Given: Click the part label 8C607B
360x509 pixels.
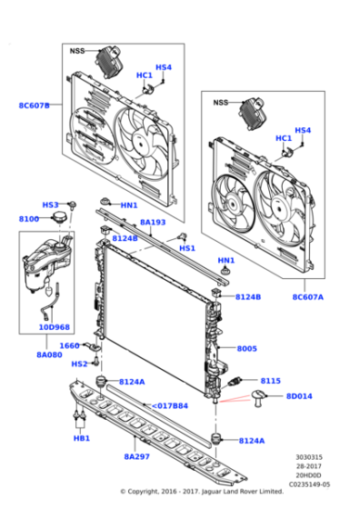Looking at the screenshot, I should (x=35, y=105).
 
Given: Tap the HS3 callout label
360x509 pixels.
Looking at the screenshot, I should (x=51, y=205).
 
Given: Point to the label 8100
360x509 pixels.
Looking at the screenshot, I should (x=29, y=219).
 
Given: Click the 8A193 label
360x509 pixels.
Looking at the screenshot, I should (x=152, y=222).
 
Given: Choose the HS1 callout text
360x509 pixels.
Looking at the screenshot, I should (x=186, y=248).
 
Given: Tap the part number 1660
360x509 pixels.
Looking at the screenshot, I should (x=69, y=345).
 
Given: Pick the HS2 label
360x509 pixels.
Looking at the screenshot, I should (x=79, y=364).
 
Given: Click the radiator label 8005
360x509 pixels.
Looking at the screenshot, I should (x=247, y=349).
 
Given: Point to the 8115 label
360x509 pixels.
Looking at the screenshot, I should (x=271, y=381).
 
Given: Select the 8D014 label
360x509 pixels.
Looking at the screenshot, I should (x=299, y=396).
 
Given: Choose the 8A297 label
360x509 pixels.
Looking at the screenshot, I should (x=136, y=457).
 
